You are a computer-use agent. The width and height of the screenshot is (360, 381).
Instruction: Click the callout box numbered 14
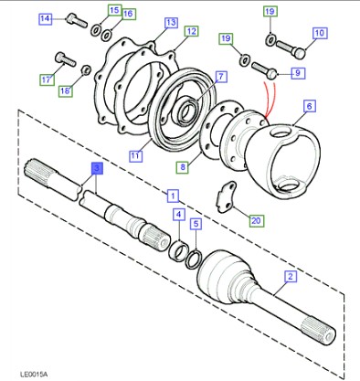tap(45, 19)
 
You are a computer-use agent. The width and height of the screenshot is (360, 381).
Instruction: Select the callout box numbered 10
tap(320, 33)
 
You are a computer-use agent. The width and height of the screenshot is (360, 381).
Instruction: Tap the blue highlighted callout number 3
tap(97, 168)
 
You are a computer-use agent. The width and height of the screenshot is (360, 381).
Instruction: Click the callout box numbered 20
tap(257, 220)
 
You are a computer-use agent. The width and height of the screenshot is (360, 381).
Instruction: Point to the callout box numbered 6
tap(310, 106)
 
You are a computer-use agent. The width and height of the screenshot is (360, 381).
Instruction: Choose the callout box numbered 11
tap(135, 156)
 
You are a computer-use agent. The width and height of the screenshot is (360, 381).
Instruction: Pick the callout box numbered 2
tap(291, 277)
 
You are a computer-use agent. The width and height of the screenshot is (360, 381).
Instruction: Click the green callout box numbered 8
tap(183, 167)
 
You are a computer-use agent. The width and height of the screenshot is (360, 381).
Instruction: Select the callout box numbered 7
tap(221, 77)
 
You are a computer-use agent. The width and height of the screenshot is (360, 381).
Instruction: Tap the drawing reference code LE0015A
tap(34, 374)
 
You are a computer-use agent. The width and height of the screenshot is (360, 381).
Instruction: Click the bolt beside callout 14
tap(77, 20)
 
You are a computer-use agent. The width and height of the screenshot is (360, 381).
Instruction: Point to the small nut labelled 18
tap(86, 70)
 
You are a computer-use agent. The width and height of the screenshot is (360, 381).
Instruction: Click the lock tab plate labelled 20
tap(227, 197)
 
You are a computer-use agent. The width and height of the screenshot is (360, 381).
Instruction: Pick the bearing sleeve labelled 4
tap(178, 250)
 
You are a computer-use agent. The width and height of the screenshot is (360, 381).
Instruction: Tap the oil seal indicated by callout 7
tap(186, 111)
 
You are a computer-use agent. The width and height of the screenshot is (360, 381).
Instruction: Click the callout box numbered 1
tap(173, 196)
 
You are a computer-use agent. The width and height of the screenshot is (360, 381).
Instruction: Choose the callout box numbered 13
tap(171, 23)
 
